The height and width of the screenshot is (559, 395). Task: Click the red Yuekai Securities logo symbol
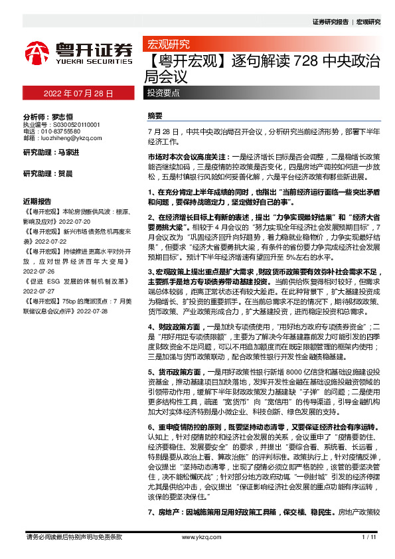pyautogui.click(x=37, y=52)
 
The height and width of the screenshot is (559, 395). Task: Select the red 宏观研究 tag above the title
pyautogui.click(x=167, y=45)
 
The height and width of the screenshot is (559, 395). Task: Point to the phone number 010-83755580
pyautogui.click(x=65, y=131)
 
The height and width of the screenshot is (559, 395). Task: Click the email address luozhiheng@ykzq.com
pyautogui.click(x=72, y=139)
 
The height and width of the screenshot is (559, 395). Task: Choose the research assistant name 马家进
pyautogui.click(x=68, y=153)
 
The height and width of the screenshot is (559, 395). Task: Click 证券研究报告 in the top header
pyautogui.click(x=330, y=22)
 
